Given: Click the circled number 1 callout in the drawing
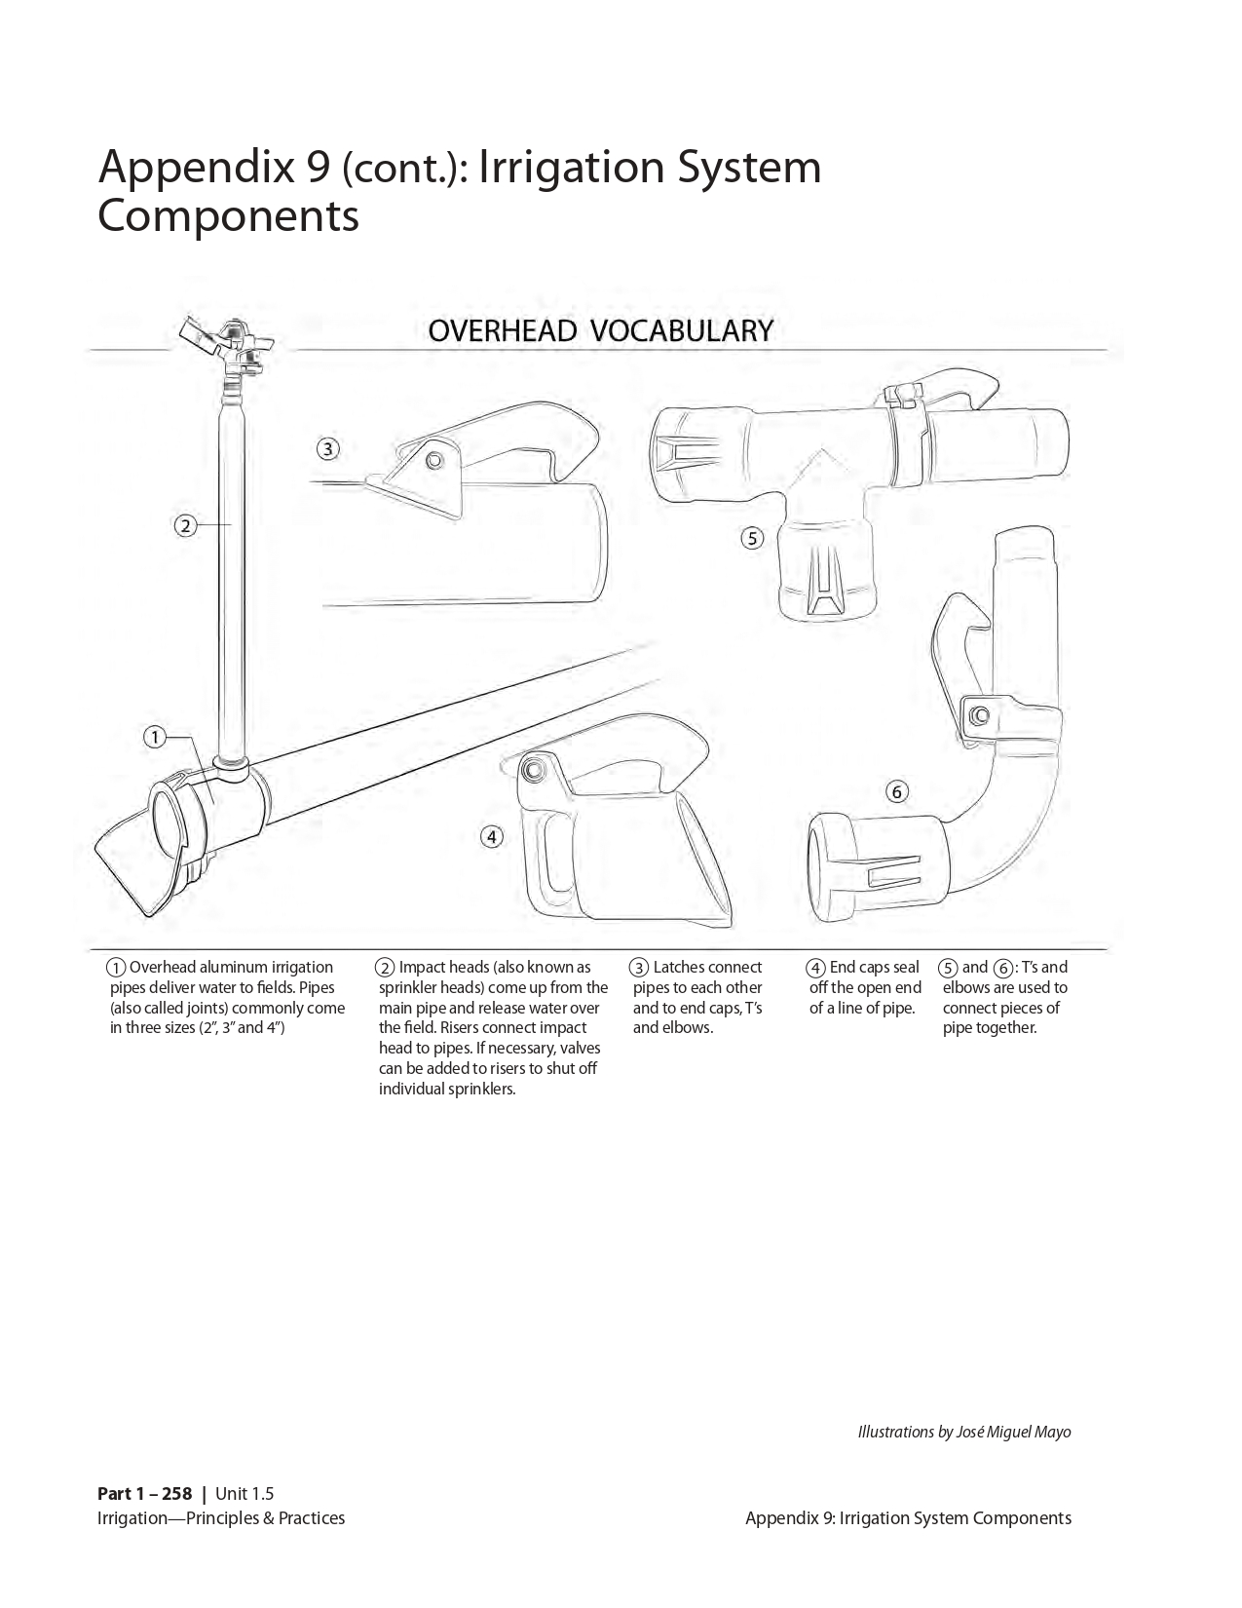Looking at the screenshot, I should (154, 737).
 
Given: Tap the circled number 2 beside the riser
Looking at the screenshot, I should (185, 526).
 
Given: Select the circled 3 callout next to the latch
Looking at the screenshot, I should (328, 449).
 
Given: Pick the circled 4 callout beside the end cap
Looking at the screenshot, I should (492, 836).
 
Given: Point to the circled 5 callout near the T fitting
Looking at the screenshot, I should (752, 537).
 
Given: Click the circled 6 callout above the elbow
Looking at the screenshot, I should (897, 791).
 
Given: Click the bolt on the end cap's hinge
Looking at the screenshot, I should (533, 770).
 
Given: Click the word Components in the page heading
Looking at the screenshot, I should (229, 215).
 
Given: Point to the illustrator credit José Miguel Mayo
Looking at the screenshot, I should (1020, 1432).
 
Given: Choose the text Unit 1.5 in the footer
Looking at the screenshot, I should (245, 1494).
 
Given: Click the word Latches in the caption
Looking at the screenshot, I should (678, 967).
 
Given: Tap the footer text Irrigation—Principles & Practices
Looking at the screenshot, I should (221, 1517).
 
